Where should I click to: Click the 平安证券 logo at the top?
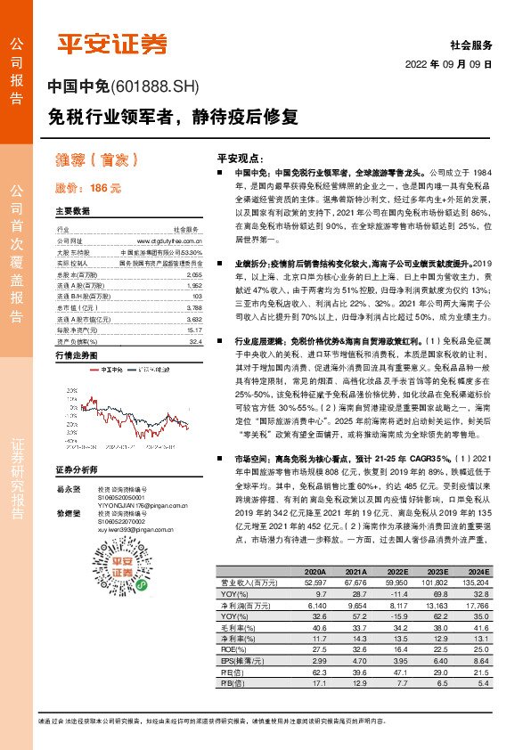[x=112, y=43]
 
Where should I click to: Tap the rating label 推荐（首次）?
[x=96, y=161]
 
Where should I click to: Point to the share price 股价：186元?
[x=87, y=188]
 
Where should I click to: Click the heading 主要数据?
[x=72, y=212]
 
